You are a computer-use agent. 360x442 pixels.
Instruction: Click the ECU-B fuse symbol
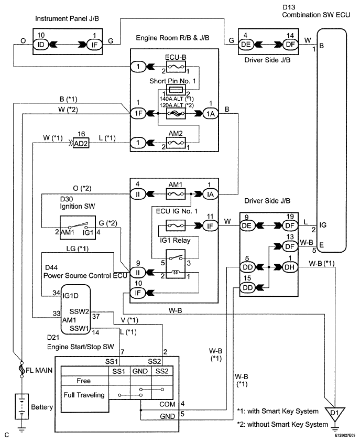coord(176,67)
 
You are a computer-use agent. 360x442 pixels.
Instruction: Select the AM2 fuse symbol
coord(176,143)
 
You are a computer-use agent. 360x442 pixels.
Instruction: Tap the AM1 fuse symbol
coord(176,194)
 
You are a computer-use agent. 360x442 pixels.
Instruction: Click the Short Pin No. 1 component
coord(176,91)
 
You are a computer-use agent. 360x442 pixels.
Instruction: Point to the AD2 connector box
coord(81,143)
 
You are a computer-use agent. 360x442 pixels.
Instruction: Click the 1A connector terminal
coord(211,114)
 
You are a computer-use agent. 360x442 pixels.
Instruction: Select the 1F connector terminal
coord(138,113)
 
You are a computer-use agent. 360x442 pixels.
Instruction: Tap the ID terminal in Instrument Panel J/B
coord(41,45)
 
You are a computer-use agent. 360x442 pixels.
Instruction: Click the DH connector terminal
coord(289,267)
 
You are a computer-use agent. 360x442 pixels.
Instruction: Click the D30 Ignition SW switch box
coord(78,228)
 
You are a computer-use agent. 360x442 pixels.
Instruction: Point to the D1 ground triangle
coord(335,414)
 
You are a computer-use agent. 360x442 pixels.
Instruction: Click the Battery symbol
coord(21,406)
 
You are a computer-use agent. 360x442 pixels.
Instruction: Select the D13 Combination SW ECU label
coord(316,12)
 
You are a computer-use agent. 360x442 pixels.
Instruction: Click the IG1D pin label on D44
coord(70,296)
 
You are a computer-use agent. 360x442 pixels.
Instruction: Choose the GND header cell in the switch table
coord(140,371)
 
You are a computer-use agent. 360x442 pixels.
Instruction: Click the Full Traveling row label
coord(84,395)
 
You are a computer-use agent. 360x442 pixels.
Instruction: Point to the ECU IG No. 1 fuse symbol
coord(176,226)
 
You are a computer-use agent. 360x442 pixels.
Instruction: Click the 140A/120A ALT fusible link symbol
coord(176,114)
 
